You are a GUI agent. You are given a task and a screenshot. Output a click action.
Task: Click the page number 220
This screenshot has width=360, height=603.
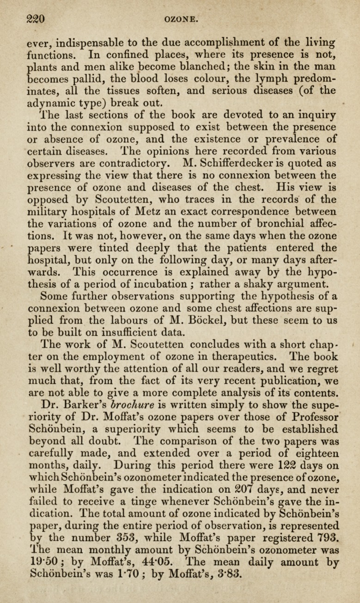[35, 19]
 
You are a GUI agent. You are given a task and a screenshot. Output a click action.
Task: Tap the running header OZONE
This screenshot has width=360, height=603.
[181, 19]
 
